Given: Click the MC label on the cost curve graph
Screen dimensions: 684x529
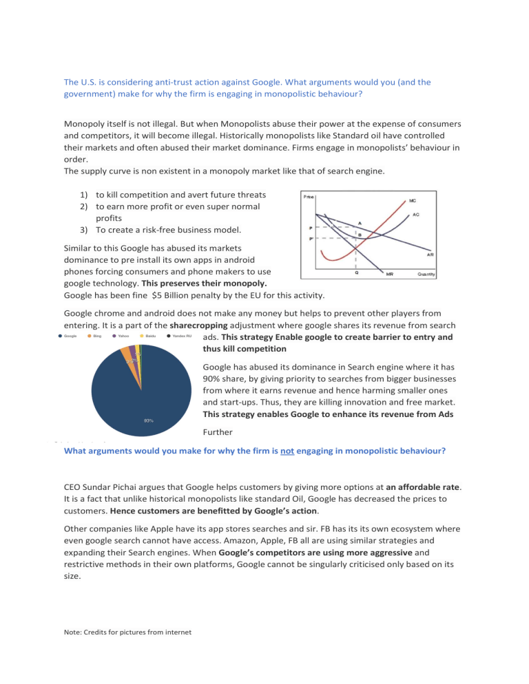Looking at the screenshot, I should point(412,201).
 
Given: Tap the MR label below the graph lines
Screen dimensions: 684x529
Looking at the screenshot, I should point(389,273).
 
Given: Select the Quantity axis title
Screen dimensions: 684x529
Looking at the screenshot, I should point(426,273).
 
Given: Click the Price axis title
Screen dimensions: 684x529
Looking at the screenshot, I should point(309,196).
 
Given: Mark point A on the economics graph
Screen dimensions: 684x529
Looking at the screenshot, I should point(360,222).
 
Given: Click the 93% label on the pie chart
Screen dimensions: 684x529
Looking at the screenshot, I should point(149,420).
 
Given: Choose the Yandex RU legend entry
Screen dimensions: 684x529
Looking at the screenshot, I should point(180,337).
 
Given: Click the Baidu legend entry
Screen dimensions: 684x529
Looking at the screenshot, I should point(149,337).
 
